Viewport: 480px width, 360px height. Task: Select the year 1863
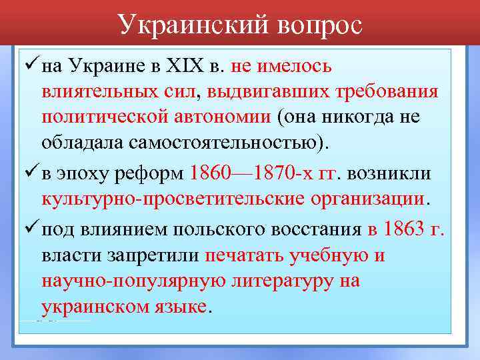[407, 230]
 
